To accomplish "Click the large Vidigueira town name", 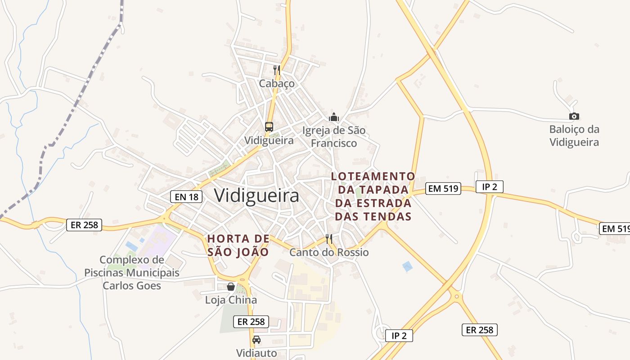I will (256, 196).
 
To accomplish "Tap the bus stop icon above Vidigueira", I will (269, 127).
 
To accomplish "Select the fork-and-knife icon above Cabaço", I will (277, 70).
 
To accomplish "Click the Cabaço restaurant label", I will (277, 84).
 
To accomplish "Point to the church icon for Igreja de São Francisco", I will (334, 117).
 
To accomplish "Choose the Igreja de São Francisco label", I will (334, 137).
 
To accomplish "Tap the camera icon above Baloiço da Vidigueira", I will (574, 116).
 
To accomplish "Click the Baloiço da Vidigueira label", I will (574, 136).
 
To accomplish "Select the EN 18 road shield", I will (186, 196).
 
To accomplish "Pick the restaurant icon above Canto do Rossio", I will (329, 239).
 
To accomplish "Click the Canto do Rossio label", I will (329, 252).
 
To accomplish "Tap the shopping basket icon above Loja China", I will (231, 287).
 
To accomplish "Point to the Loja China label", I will (231, 300).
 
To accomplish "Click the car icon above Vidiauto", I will (256, 339).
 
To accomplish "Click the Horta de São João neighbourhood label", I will (238, 245).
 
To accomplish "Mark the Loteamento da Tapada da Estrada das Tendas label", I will (373, 196).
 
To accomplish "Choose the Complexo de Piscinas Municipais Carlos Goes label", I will (132, 273).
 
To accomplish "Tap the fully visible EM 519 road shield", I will (444, 189).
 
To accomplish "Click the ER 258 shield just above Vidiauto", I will (251, 321).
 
